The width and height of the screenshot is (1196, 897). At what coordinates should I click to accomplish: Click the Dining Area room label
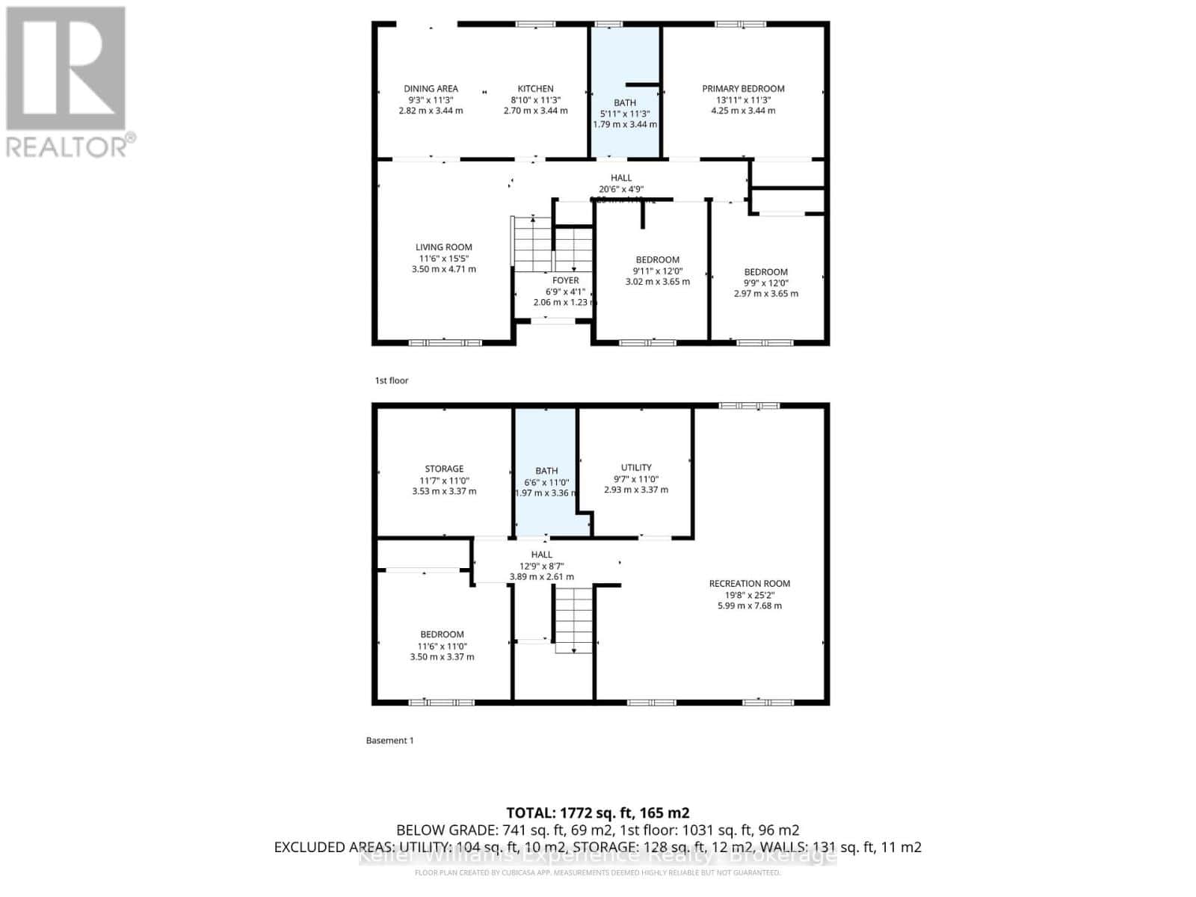point(431,88)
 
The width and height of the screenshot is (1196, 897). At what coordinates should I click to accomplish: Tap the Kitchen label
point(536,88)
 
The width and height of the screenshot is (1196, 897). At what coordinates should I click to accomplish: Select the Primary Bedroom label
point(743,88)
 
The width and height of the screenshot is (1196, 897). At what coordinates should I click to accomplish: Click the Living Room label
point(444,247)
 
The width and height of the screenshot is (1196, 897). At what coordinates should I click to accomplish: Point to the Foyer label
point(566,280)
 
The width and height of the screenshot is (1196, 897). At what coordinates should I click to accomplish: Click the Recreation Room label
point(750,583)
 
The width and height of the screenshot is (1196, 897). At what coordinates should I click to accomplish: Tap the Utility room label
point(636,467)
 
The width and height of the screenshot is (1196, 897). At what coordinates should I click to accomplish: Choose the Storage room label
point(444,469)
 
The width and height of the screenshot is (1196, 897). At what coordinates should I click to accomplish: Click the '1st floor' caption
point(392,380)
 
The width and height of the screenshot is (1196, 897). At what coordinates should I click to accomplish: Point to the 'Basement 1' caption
point(389,740)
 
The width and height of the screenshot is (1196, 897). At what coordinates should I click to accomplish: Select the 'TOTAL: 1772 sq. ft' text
point(597,813)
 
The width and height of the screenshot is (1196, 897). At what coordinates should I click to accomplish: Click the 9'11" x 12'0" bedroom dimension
point(658,271)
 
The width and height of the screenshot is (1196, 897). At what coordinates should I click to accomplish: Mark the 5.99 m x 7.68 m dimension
point(750,605)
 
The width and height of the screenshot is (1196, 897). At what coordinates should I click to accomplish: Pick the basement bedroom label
point(442,634)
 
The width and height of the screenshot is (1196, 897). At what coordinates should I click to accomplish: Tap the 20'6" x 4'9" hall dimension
point(621,189)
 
